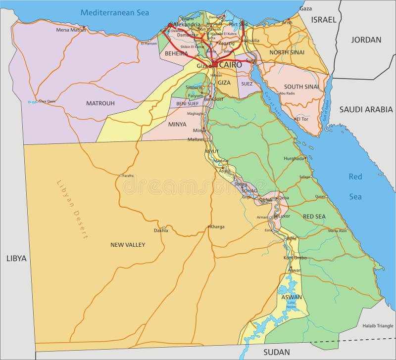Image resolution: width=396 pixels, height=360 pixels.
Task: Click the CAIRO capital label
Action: pyautogui.click(x=231, y=65)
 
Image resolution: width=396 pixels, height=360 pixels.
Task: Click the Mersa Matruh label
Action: pyautogui.click(x=71, y=30)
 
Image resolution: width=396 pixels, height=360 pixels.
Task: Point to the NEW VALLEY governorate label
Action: pyautogui.click(x=128, y=244)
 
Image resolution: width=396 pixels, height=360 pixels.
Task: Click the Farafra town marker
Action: pyautogui.click(x=121, y=175)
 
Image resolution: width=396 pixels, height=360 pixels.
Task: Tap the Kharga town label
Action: pyautogui.click(x=217, y=227)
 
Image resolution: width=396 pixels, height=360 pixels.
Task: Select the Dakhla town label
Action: pyautogui.click(x=161, y=230)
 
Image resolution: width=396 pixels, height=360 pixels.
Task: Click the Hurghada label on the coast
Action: pyautogui.click(x=294, y=158)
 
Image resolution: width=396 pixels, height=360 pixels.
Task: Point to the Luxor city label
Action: pyautogui.click(x=284, y=216)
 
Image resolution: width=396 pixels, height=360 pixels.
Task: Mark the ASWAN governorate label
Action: pyautogui.click(x=292, y=297)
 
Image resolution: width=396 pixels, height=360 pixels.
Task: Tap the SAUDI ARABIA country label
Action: pyautogui.click(x=365, y=109)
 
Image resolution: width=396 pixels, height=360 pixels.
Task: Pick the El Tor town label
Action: pyautogui.click(x=302, y=119)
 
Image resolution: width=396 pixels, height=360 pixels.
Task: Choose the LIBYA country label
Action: pyautogui.click(x=16, y=258)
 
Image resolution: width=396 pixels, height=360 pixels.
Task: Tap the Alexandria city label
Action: pyautogui.click(x=187, y=24)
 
